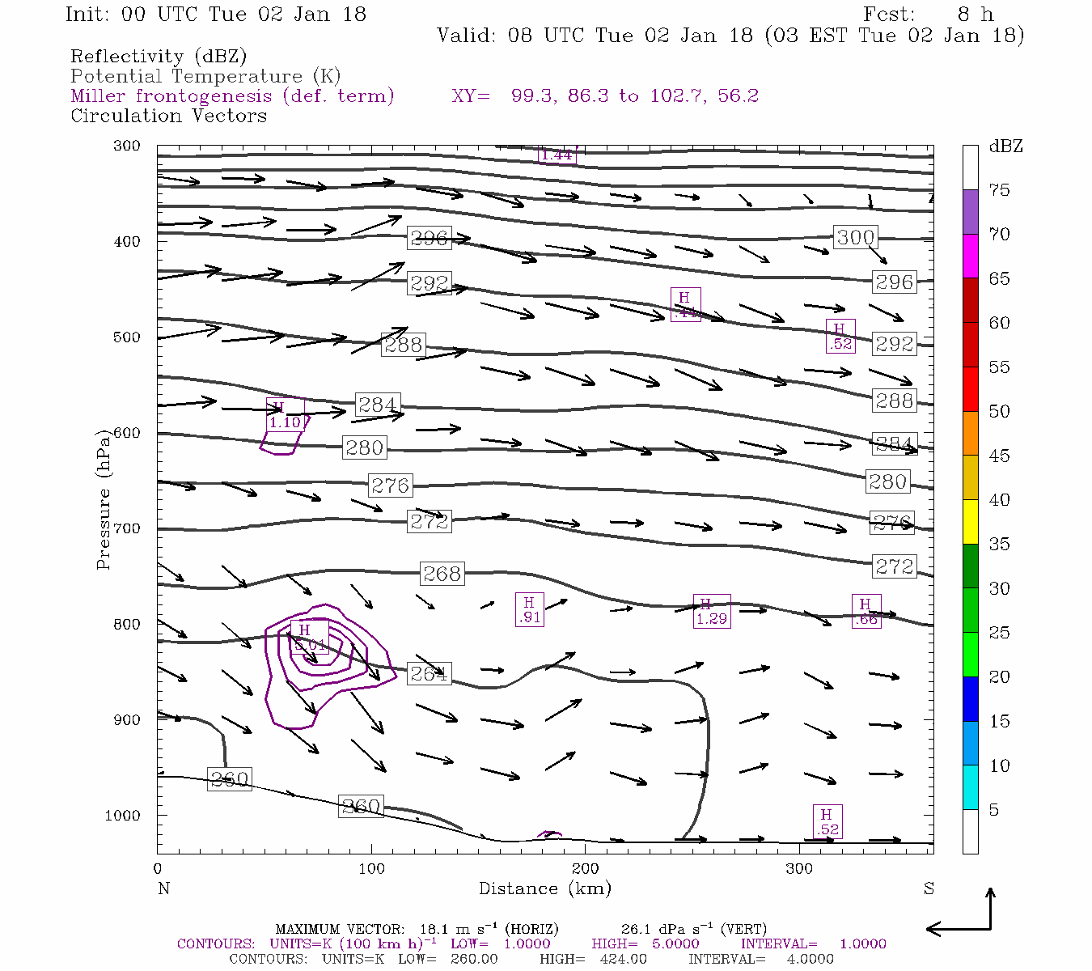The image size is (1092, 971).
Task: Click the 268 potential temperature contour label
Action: (x=442, y=574)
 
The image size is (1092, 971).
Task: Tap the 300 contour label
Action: (x=855, y=237)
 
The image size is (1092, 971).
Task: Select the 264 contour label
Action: (x=429, y=673)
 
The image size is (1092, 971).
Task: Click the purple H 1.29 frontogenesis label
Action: (x=712, y=612)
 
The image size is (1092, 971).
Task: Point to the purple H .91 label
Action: (x=529, y=609)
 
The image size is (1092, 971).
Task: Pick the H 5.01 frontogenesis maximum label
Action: (x=309, y=638)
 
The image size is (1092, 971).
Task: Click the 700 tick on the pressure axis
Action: (x=126, y=528)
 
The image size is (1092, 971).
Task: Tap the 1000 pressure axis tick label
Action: (x=123, y=816)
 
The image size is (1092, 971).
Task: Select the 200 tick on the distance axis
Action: (x=585, y=869)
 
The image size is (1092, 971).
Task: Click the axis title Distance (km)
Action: (x=545, y=888)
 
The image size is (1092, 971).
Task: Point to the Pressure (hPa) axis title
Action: (x=104, y=499)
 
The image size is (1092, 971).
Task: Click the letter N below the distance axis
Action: (x=163, y=888)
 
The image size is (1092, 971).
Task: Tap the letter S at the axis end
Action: (x=929, y=888)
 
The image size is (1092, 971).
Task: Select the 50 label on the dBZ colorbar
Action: (x=999, y=411)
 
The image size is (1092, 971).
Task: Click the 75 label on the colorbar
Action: (x=999, y=190)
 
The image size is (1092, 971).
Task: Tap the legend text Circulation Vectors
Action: (x=168, y=116)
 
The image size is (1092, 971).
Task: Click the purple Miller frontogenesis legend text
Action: (x=232, y=96)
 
